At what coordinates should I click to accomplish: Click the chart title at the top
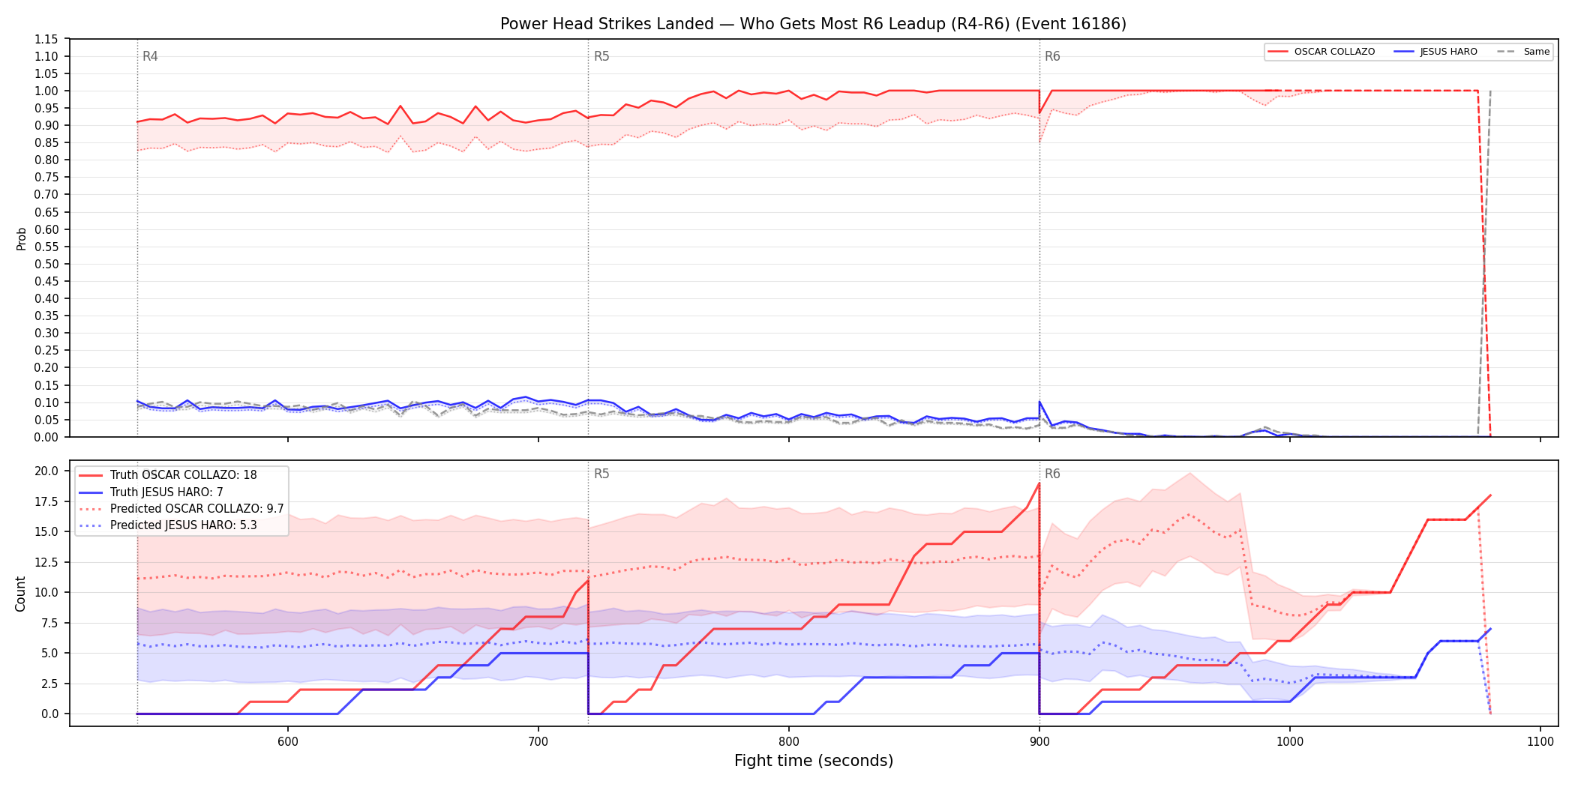pyautogui.click(x=813, y=24)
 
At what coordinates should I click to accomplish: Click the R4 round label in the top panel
pyautogui.click(x=150, y=56)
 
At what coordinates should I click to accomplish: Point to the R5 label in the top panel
pyautogui.click(x=601, y=56)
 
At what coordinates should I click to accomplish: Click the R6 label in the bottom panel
pyautogui.click(x=1052, y=474)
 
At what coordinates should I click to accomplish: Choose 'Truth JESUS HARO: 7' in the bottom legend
pyautogui.click(x=166, y=492)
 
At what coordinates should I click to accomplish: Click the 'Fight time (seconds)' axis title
pyautogui.click(x=814, y=761)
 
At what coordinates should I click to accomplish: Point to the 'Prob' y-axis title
pyautogui.click(x=22, y=238)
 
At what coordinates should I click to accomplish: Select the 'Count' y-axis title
pyautogui.click(x=21, y=594)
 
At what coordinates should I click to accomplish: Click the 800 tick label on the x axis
pyautogui.click(x=788, y=742)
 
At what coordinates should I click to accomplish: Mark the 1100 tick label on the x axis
pyautogui.click(x=1540, y=742)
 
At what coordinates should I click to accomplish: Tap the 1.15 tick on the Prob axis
pyautogui.click(x=46, y=39)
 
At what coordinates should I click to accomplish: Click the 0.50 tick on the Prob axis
pyautogui.click(x=46, y=264)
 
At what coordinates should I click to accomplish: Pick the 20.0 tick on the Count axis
pyautogui.click(x=46, y=471)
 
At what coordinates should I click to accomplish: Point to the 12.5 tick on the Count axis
pyautogui.click(x=46, y=562)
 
